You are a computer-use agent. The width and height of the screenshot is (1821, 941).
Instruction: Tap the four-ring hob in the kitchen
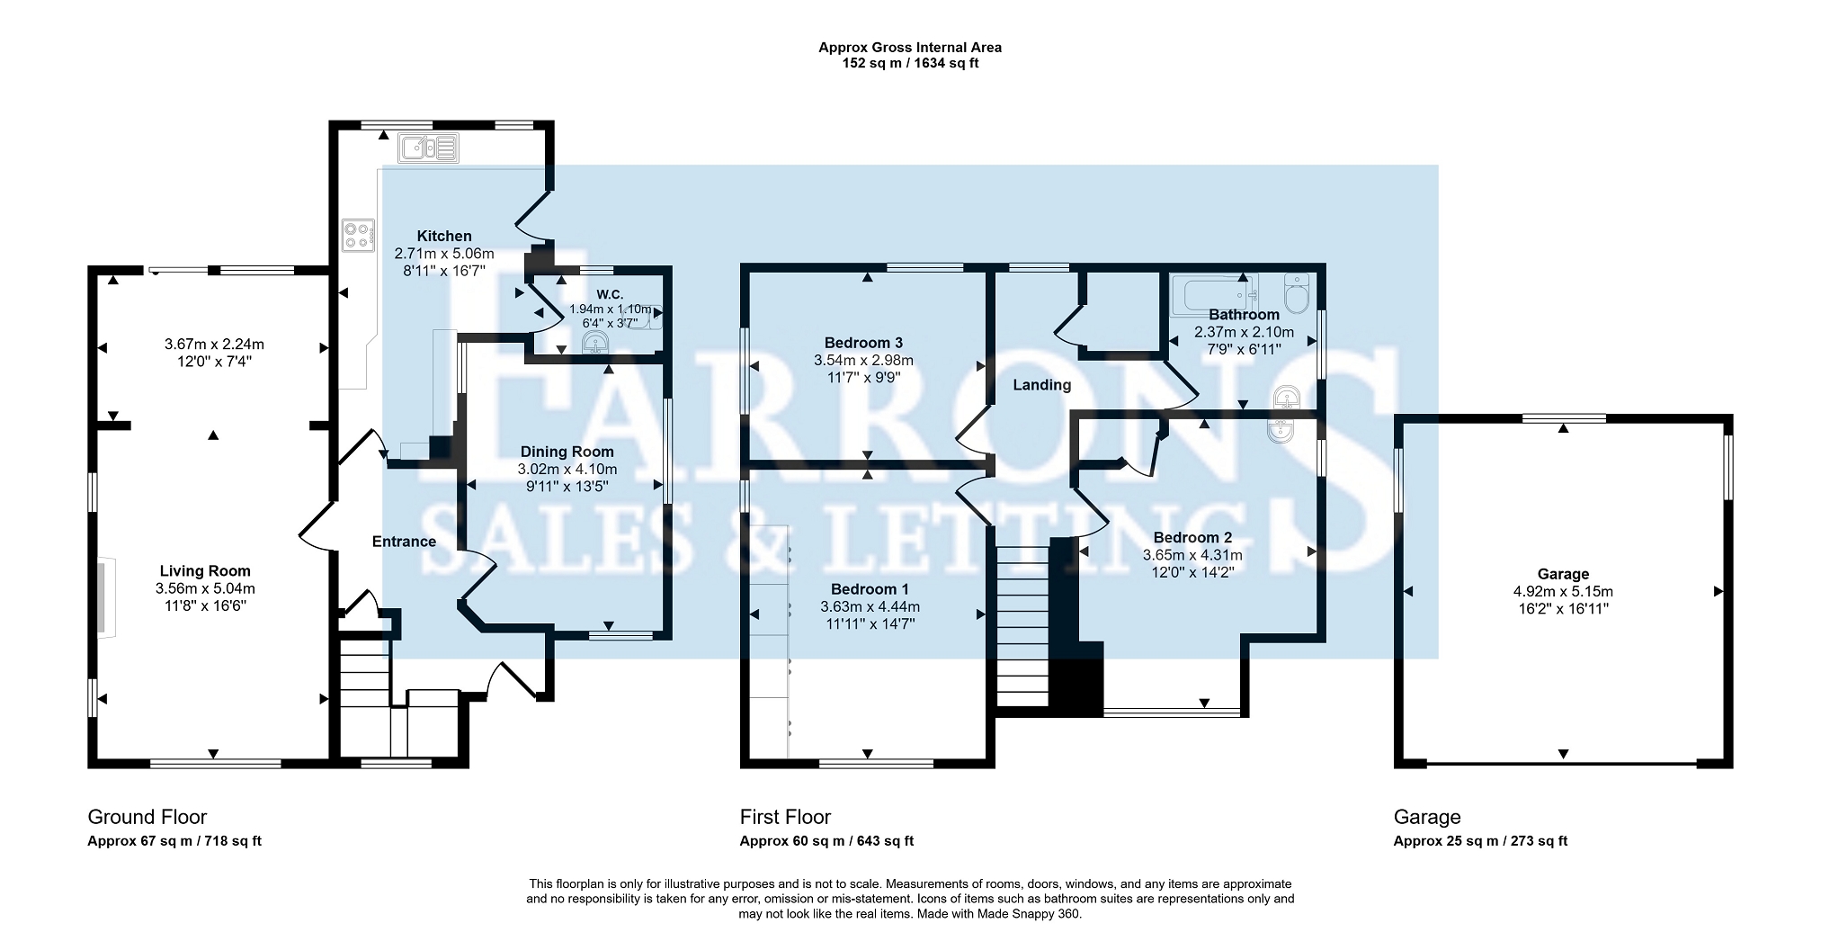click(x=358, y=236)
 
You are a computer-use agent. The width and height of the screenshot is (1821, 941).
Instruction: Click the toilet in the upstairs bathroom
click(x=1297, y=292)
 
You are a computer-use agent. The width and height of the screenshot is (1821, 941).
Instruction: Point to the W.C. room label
click(x=610, y=294)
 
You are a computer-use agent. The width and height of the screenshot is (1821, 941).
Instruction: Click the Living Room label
click(x=205, y=570)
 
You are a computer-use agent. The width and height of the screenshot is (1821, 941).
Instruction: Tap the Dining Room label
click(x=567, y=452)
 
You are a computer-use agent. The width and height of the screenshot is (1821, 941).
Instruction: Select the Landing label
click(x=1042, y=385)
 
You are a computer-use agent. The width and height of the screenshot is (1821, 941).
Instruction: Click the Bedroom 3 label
click(x=863, y=343)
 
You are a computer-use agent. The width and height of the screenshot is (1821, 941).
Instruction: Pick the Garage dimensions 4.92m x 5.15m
click(x=1563, y=592)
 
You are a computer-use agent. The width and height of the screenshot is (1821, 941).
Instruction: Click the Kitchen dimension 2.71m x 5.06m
click(x=444, y=254)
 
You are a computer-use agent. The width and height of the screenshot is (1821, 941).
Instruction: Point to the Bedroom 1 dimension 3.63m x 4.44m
click(x=870, y=606)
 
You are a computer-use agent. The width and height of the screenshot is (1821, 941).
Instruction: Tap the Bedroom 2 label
click(x=1192, y=538)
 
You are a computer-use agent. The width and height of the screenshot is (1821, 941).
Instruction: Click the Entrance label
click(x=404, y=542)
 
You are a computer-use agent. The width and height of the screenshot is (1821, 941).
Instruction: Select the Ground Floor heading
click(x=147, y=817)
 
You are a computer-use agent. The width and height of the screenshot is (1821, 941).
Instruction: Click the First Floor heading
click(x=785, y=817)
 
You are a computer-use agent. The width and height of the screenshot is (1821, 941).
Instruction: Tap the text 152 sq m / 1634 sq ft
click(x=910, y=64)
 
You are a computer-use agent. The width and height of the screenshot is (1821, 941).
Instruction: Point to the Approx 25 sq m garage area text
click(x=1480, y=841)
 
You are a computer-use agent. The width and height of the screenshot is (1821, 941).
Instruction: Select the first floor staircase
click(x=1023, y=625)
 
